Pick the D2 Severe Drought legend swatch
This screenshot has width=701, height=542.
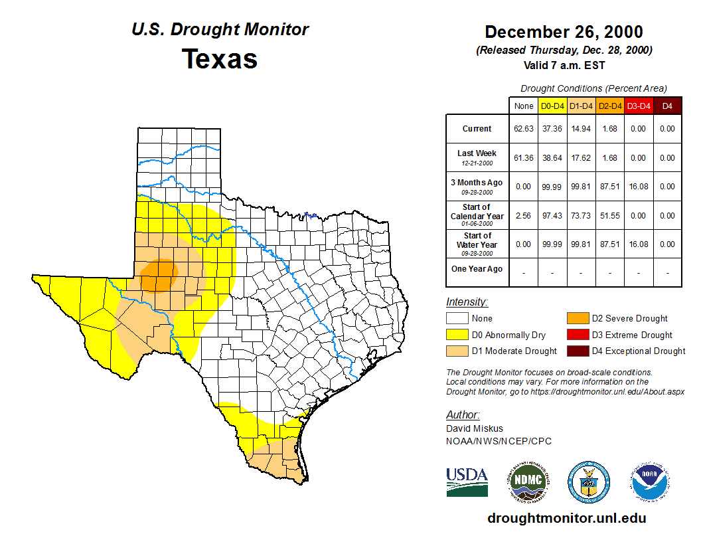tap(577, 319)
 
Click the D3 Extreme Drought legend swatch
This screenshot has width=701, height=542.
tap(577, 335)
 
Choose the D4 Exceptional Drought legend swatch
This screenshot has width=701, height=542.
tap(577, 351)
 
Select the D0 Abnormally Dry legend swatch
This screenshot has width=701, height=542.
tap(457, 335)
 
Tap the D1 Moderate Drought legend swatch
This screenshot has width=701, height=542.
tap(457, 351)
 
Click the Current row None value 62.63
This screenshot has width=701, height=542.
tap(523, 129)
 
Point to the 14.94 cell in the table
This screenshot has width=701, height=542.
tap(581, 129)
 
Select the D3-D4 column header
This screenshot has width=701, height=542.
tap(639, 106)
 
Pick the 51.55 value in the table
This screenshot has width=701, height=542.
tap(609, 216)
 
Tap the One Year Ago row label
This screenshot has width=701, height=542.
tap(477, 269)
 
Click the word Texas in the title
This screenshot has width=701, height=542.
tap(220, 58)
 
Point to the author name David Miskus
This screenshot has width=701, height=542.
tap(475, 428)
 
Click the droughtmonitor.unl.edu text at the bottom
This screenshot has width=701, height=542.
tap(566, 518)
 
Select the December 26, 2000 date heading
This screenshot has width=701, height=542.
tap(564, 32)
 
